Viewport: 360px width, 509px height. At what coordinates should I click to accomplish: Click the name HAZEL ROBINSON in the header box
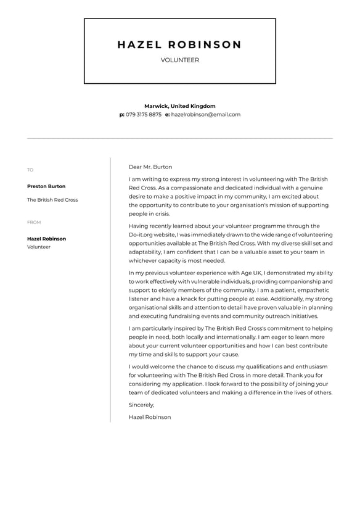(179, 45)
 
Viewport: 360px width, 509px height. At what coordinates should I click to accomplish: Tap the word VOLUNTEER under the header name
(179, 60)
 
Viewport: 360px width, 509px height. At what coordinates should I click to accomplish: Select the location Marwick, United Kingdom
(180, 106)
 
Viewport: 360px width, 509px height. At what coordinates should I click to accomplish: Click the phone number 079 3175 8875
(144, 115)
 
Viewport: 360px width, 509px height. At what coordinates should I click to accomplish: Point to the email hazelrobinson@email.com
(206, 115)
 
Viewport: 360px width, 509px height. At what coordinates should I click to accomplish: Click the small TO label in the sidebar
(30, 170)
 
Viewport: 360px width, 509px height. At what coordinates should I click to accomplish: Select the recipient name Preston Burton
(46, 186)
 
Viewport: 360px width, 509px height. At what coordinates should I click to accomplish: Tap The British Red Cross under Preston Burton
(52, 200)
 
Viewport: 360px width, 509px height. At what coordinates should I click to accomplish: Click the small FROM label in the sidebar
(33, 222)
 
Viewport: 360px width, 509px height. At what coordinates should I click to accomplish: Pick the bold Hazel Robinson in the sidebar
(46, 239)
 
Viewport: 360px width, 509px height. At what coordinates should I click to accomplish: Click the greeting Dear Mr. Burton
(150, 167)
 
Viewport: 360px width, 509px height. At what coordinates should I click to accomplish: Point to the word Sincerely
(141, 405)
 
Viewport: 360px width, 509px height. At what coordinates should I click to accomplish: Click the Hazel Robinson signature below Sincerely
(150, 417)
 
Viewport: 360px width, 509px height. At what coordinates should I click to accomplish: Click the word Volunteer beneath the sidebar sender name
(39, 247)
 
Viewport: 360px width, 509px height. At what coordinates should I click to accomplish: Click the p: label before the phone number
(122, 115)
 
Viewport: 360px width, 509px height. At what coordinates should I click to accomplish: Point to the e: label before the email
(167, 115)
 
